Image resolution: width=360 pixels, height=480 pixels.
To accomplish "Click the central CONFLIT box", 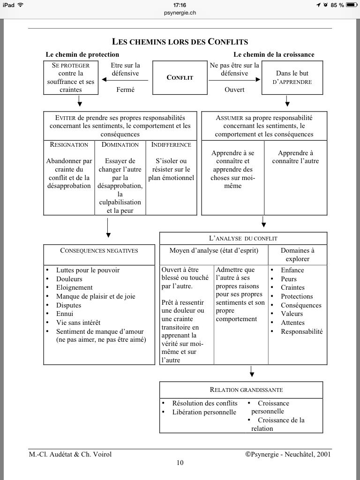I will pos(180,77).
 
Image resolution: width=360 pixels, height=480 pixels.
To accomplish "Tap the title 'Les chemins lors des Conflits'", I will pos(180,42).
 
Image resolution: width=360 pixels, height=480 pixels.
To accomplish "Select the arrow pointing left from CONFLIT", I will pos(125,80).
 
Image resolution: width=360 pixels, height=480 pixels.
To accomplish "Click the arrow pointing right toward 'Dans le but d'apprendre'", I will pos(234,80).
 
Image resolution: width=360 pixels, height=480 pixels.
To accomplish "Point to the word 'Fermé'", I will pos(125,90).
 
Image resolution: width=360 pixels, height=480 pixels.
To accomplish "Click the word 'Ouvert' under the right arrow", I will pos(234,90).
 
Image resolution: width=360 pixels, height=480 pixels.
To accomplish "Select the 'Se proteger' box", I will pos(70,77).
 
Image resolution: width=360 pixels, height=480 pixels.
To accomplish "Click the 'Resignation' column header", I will pos(69,145).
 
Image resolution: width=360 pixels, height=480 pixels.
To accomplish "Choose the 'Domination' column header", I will pos(120,145).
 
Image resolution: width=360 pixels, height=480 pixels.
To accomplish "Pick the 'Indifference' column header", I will pos(171,145).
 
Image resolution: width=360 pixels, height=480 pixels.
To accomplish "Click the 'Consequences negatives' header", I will pos(99,251).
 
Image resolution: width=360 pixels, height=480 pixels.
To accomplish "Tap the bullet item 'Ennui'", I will pos(65,314).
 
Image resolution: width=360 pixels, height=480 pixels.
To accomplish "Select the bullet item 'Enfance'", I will pos(292,270).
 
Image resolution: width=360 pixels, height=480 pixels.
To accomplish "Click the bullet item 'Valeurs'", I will pos(292,314).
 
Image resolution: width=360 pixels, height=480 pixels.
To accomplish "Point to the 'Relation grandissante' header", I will pos(241,390).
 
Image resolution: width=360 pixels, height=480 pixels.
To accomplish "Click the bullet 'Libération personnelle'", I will pos(204,412).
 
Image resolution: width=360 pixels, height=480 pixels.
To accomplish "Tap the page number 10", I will pos(180,463).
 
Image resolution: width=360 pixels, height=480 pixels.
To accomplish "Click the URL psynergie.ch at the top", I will pos(180,13).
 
